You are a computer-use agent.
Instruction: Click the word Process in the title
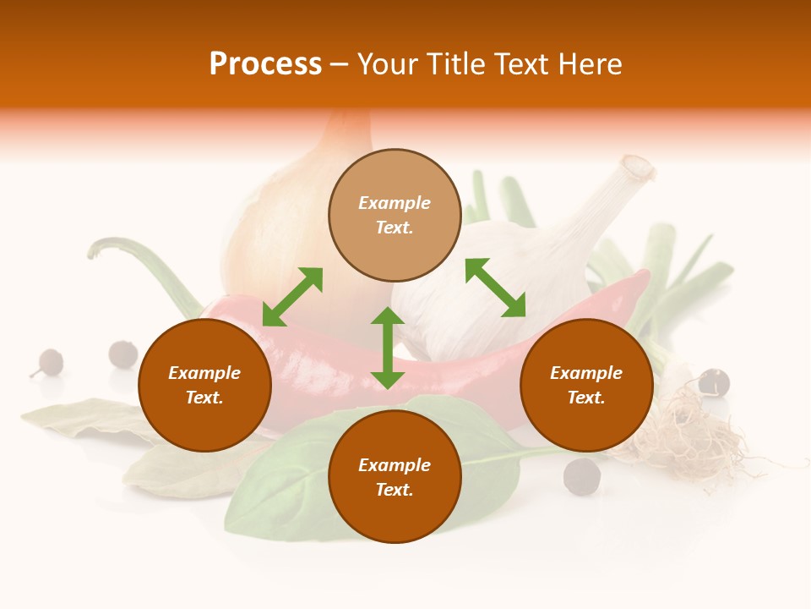(265, 64)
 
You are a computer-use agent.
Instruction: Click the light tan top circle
(395, 216)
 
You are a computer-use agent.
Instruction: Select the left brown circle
(204, 386)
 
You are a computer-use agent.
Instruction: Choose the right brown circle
(586, 386)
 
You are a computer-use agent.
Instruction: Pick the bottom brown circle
(395, 477)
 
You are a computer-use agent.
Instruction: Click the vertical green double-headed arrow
(388, 348)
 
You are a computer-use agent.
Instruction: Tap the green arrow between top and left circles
(292, 297)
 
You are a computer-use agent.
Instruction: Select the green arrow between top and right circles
(495, 288)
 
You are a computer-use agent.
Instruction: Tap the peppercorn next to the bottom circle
(581, 476)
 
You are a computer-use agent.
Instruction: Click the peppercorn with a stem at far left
(49, 363)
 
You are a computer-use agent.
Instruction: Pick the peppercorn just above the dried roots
(715, 382)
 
